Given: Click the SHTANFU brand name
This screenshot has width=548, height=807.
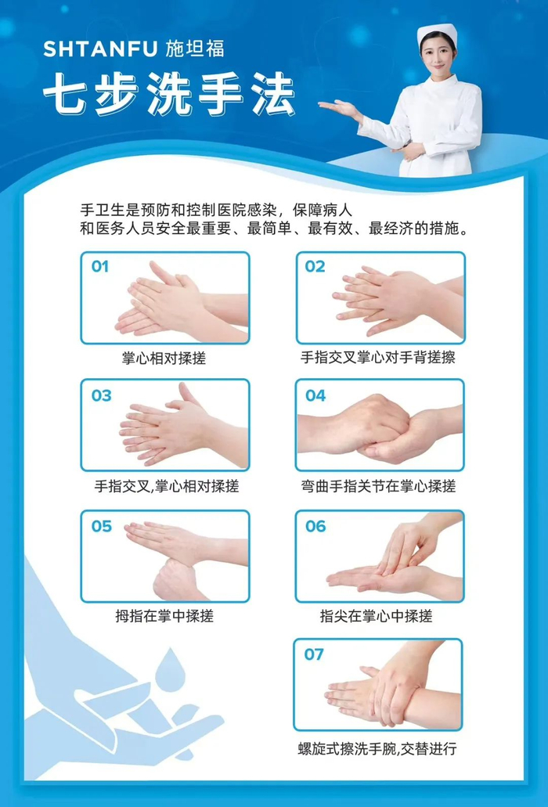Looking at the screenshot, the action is [100, 49].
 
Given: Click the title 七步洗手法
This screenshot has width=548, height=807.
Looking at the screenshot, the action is [169, 94].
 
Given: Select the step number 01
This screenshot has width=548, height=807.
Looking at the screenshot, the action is [100, 267].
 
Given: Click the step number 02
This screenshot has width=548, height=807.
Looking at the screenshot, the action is [315, 267].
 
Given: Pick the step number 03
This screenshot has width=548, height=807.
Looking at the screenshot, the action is [101, 395].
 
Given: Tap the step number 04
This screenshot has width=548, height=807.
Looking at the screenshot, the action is [315, 395].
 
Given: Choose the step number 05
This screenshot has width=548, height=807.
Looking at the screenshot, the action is [101, 526].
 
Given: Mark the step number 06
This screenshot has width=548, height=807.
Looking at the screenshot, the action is [315, 526].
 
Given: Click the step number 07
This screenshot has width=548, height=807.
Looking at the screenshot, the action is [314, 654].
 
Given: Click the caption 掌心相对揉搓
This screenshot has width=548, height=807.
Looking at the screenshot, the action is [164, 358].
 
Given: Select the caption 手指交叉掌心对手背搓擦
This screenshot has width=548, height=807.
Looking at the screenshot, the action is [377, 357].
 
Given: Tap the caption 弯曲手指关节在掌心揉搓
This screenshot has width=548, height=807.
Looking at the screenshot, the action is [378, 486].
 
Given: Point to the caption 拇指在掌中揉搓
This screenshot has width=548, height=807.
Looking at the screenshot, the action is [164, 615].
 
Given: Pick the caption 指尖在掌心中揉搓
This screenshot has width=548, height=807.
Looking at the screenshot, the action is [376, 615].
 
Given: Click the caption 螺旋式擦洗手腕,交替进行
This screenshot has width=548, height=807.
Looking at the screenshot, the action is [377, 748].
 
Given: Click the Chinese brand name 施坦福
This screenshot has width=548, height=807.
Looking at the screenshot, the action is [195, 49].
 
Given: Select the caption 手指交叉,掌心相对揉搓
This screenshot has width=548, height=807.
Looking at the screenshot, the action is [167, 486].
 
